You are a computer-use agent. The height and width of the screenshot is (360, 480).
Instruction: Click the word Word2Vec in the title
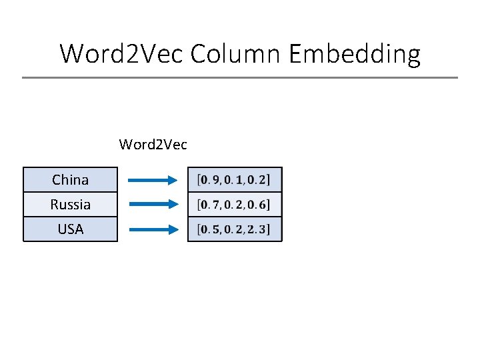tap(121, 53)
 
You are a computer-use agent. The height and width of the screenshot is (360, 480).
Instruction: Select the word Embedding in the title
tap(355, 53)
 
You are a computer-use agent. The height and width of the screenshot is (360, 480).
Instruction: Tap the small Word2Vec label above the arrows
tap(153, 144)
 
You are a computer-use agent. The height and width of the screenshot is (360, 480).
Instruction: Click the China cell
tap(70, 180)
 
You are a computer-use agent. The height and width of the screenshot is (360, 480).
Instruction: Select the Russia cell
tap(70, 205)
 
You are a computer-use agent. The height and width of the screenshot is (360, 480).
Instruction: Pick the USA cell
tap(70, 229)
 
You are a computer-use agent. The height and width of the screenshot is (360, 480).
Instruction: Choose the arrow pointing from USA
tap(153, 229)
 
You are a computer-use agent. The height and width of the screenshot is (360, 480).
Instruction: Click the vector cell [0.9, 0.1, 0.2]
tap(235, 179)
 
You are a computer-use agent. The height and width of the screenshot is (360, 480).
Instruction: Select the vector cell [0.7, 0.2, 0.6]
tap(235, 205)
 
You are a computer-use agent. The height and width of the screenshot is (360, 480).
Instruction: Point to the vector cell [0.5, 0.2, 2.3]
tap(235, 230)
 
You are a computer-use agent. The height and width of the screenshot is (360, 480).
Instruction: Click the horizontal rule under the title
tap(240, 78)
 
